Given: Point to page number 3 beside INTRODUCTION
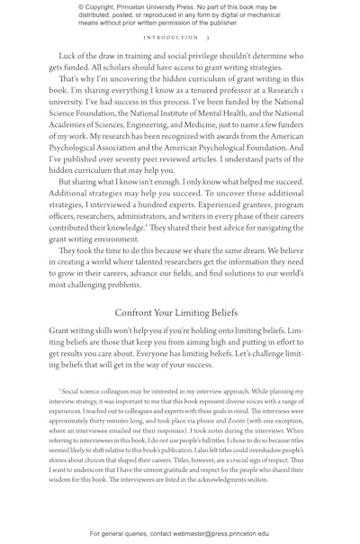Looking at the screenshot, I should [x=208, y=38].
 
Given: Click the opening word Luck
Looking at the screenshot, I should [x=68, y=56].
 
